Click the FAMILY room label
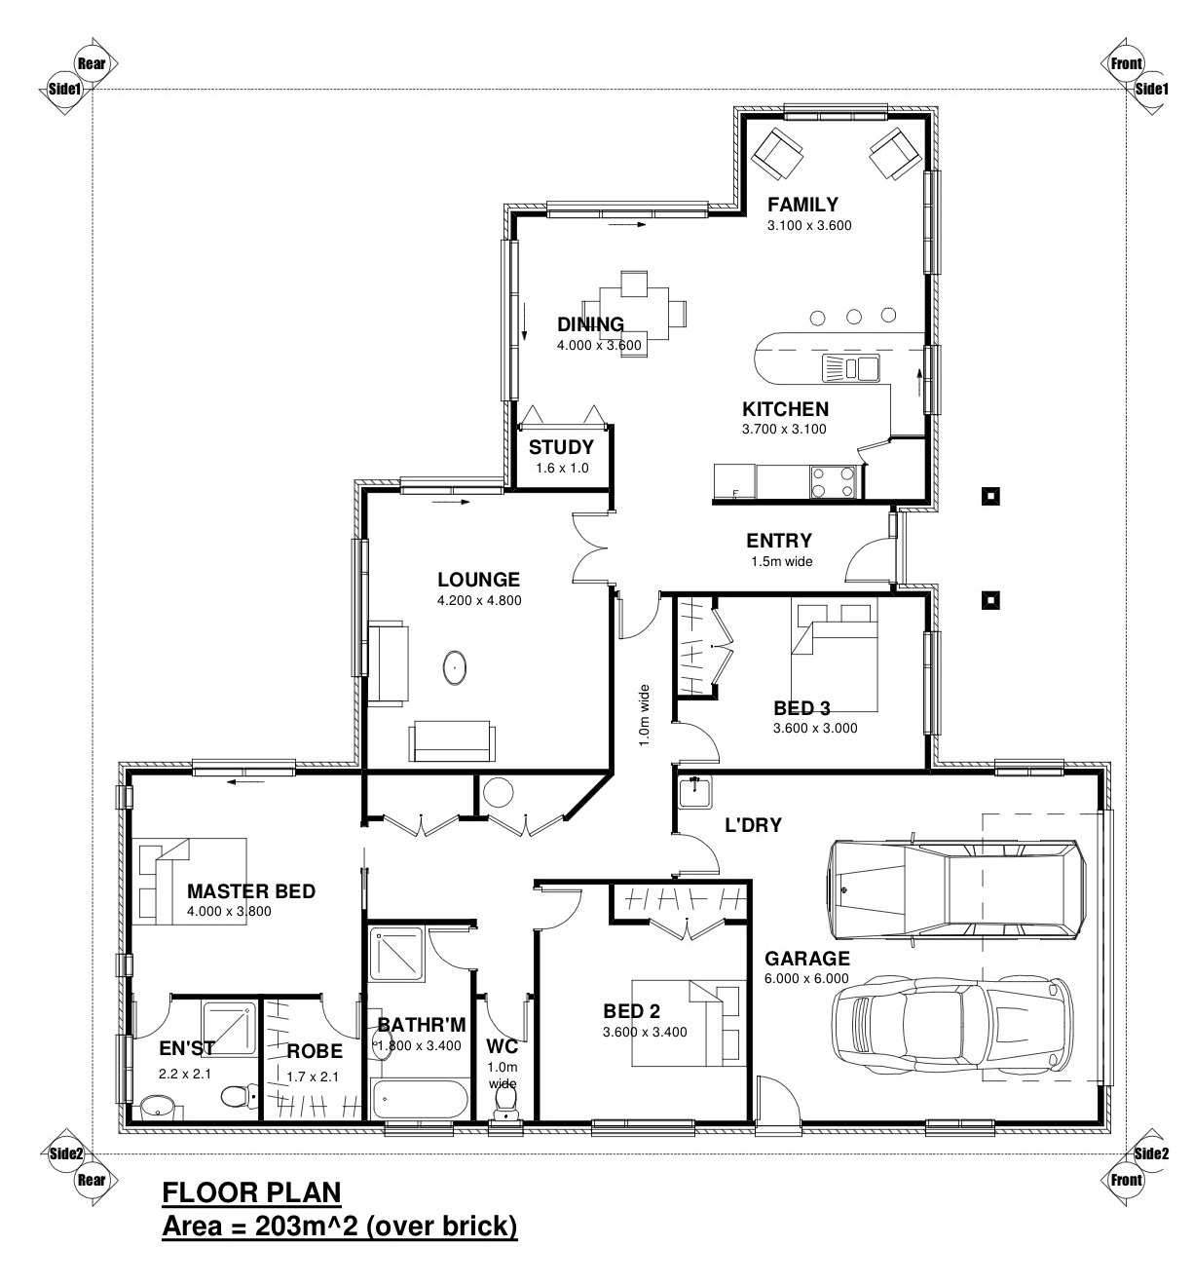pos(802,205)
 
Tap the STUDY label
pos(561,447)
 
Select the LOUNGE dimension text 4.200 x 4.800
pos(479,601)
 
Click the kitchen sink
pos(851,367)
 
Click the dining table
pos(635,315)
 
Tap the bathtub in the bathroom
pos(420,1101)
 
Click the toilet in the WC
pos(505,1102)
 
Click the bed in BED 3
pos(834,658)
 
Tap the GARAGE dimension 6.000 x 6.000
pos(806,979)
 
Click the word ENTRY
pos(779,541)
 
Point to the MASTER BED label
pos(250,891)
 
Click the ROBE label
pos(314,1052)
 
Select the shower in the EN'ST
pos(230,1031)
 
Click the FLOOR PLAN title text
pos(251,1192)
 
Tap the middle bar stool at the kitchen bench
pos(853,316)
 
